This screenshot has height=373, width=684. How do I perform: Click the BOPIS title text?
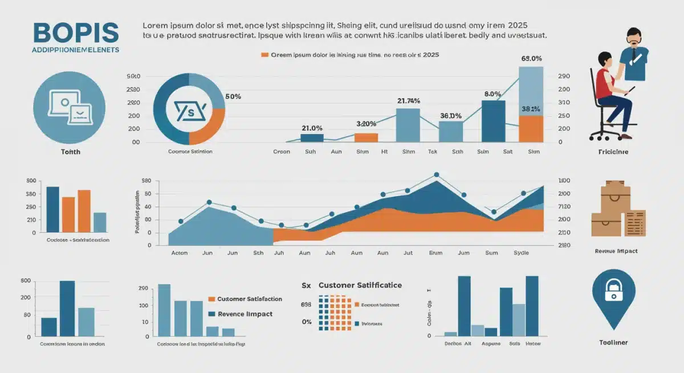[76, 33]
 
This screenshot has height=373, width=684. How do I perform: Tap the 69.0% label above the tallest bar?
[531, 59]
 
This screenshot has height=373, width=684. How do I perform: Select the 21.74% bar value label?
[408, 101]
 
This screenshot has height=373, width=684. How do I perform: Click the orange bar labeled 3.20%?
[366, 137]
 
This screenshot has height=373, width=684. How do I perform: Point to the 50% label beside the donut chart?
[233, 96]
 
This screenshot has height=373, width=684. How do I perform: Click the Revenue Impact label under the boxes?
[616, 251]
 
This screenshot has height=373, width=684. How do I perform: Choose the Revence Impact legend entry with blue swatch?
[241, 314]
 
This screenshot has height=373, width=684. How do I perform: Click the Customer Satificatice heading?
[360, 285]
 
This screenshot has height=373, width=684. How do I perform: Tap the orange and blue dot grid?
[335, 313]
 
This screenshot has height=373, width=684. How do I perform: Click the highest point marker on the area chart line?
[436, 175]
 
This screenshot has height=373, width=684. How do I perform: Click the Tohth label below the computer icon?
[70, 152]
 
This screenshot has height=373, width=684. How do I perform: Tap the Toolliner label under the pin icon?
[613, 343]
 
